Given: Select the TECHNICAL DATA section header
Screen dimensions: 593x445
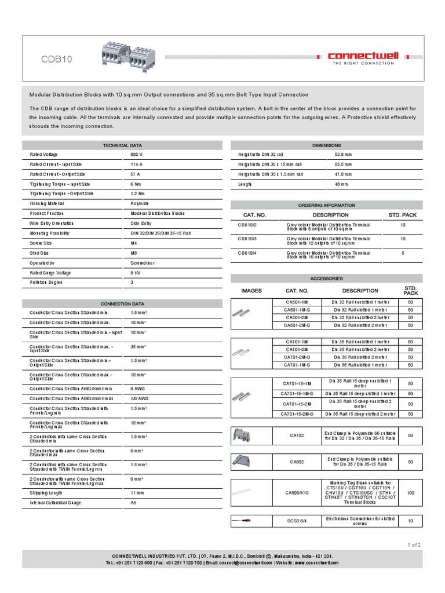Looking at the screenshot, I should click(x=122, y=145).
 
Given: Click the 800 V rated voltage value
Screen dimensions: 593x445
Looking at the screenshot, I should click(x=136, y=155).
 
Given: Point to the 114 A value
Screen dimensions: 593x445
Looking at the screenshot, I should click(x=136, y=164).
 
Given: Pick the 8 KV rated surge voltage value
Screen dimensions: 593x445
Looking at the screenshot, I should click(x=136, y=272).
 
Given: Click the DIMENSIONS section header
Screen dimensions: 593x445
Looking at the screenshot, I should click(x=327, y=145).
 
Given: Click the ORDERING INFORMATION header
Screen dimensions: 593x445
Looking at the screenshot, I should click(x=327, y=205).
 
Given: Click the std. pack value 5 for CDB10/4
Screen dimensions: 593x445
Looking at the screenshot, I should click(x=403, y=253).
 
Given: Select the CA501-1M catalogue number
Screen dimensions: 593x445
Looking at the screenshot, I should click(x=297, y=302).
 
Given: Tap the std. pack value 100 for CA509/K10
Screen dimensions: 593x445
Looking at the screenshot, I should click(x=410, y=493).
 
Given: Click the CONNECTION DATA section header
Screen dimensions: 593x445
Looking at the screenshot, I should click(x=122, y=303).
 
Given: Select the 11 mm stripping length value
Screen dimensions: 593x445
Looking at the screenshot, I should click(x=137, y=492).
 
